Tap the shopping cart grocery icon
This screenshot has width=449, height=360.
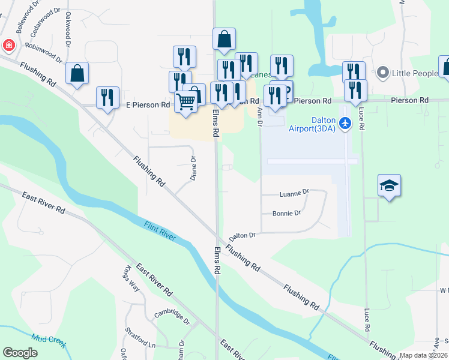coord(186,103)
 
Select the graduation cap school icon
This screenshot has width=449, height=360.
coord(389,186)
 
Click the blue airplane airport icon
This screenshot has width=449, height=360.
coord(345,123)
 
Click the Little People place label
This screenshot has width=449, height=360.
coord(415,73)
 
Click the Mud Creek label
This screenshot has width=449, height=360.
coord(47,339)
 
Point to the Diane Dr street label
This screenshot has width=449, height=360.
coord(193,169)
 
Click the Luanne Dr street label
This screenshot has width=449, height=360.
coord(294,193)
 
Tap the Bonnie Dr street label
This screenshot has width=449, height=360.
coord(286,213)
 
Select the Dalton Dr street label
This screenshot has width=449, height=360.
coord(242,235)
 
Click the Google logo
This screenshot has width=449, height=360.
coord(20,353)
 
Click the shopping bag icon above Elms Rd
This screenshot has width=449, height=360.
coord(224,40)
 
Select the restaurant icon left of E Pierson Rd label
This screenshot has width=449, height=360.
coord(107,97)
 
